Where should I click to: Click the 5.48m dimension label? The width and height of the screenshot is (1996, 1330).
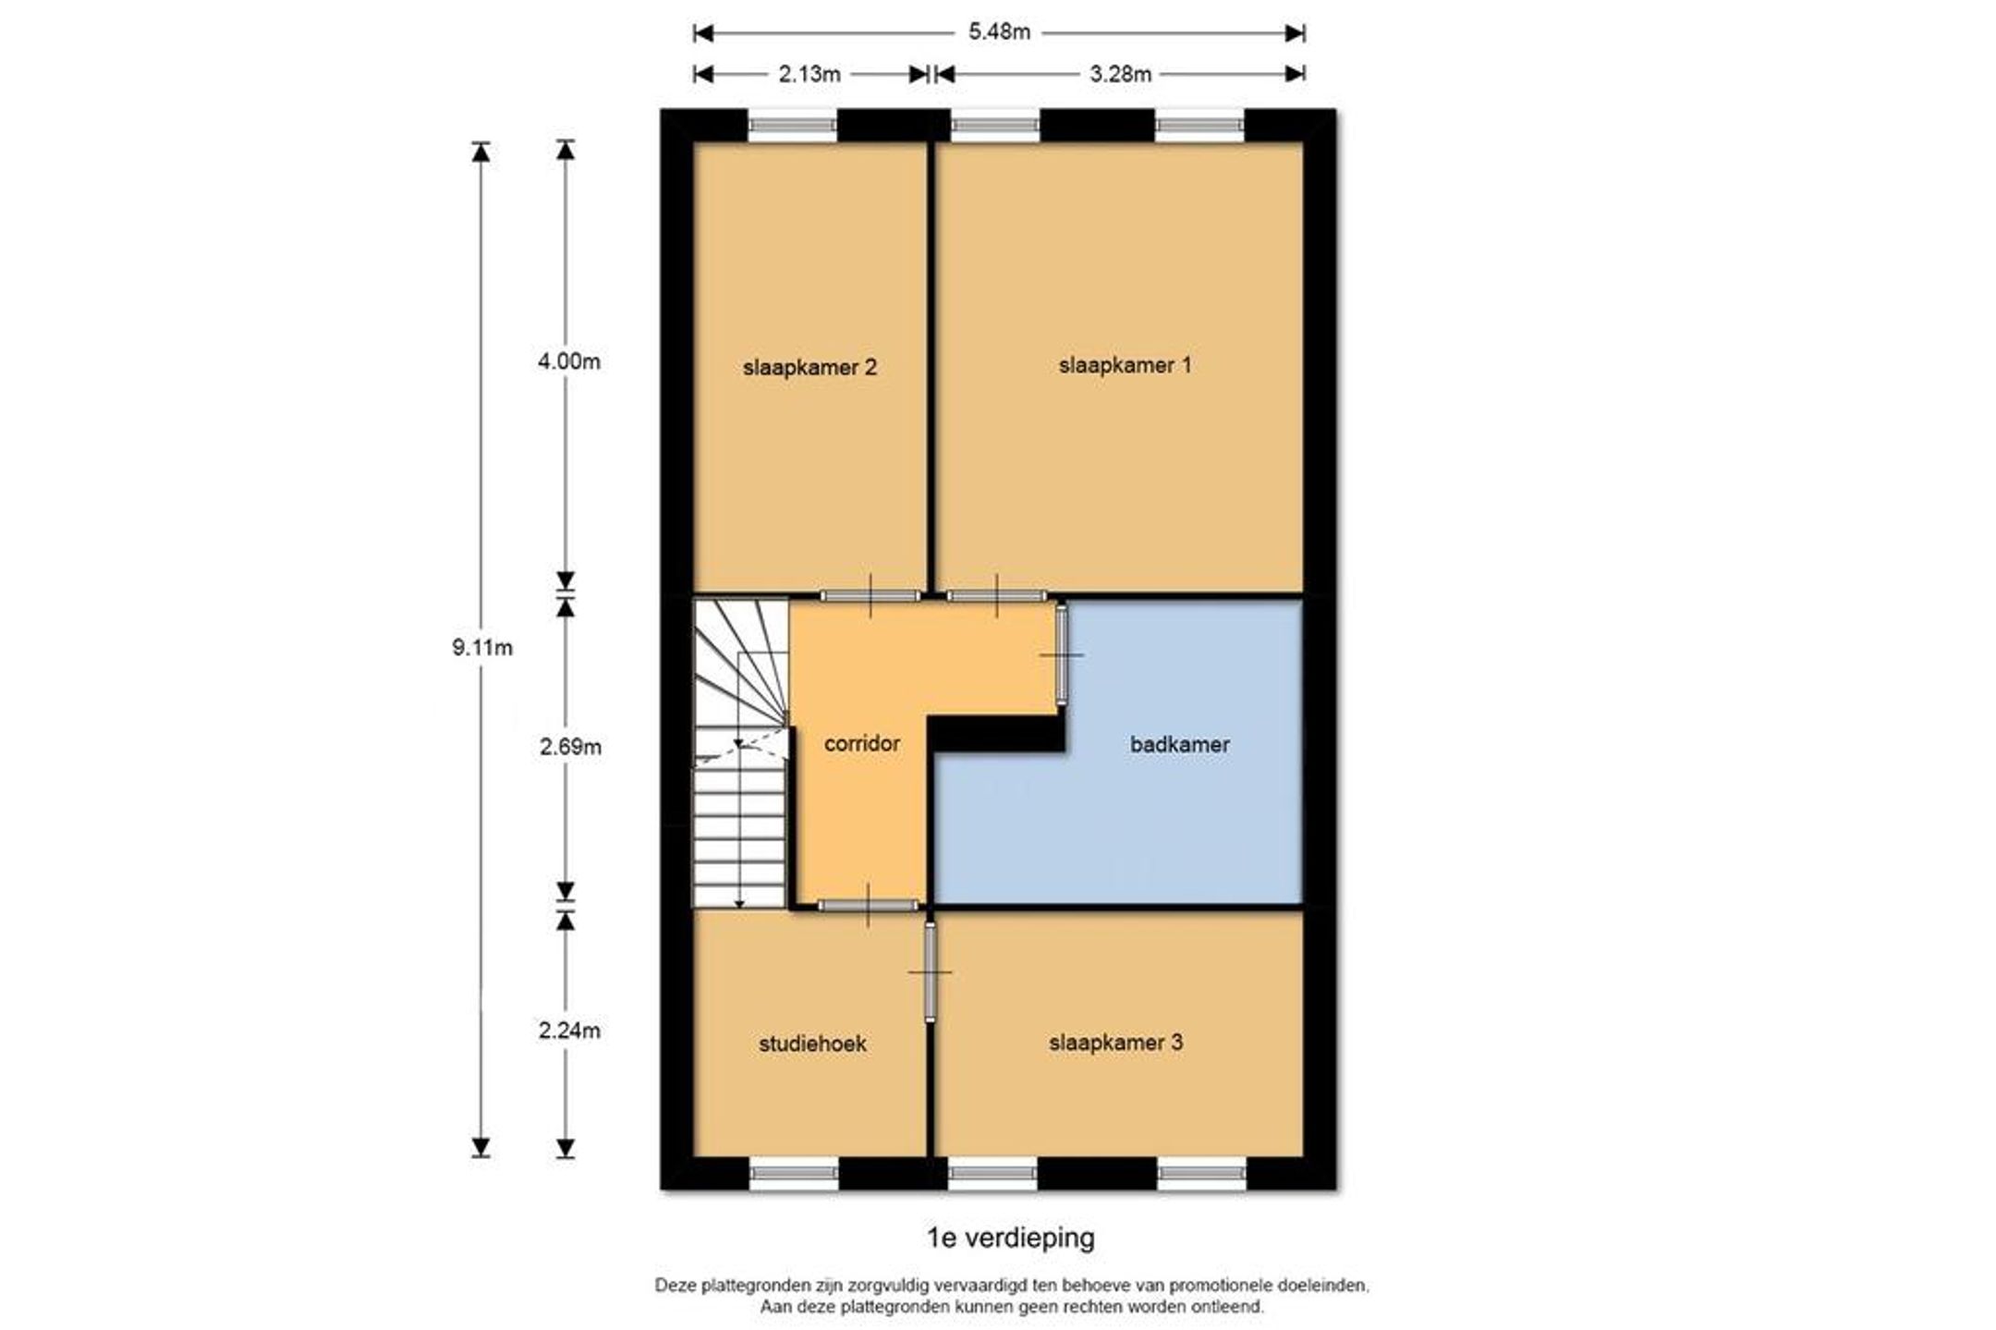(999, 32)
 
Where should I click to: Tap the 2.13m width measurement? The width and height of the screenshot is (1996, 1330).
(809, 74)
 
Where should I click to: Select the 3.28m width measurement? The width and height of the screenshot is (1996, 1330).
(1120, 74)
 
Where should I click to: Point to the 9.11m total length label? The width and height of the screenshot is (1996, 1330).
(482, 648)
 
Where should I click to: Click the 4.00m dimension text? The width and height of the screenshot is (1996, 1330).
(569, 361)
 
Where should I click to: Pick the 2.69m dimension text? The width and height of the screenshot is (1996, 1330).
(570, 747)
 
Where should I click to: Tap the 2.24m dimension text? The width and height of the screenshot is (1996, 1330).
(569, 1030)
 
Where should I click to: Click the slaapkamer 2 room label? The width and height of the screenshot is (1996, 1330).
(809, 368)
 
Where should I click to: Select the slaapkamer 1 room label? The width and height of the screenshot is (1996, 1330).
(1125, 365)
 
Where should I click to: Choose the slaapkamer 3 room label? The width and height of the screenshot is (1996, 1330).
(1115, 1043)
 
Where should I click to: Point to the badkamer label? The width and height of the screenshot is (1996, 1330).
(1179, 744)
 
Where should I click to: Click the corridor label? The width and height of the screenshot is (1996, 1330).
(861, 743)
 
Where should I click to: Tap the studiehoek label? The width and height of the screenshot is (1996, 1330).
(812, 1043)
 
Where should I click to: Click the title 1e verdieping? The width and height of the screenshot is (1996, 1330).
(1011, 1238)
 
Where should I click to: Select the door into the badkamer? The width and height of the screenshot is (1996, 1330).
(1062, 654)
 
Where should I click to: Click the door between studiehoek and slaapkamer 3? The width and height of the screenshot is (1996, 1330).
(930, 971)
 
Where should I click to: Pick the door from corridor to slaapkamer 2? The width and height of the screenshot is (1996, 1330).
(870, 595)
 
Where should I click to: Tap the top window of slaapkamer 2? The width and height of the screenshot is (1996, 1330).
(792, 125)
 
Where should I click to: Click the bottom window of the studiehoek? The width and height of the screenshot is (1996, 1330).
(793, 1173)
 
